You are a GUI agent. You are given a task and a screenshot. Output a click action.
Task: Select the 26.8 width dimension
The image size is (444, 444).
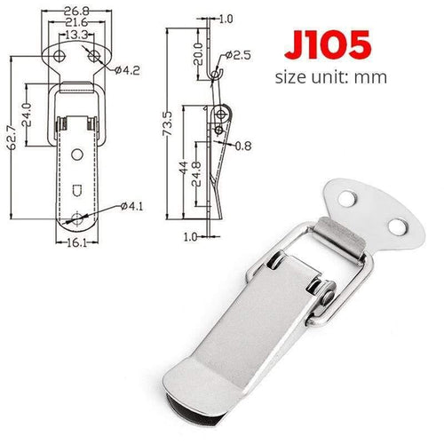(x=75, y=12)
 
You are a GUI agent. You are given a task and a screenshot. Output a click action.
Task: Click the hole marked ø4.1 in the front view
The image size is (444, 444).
(x=81, y=217)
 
